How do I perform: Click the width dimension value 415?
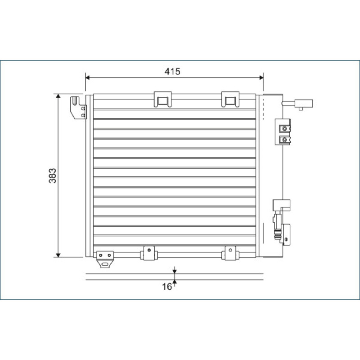(172, 72)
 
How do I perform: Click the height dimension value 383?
(53, 175)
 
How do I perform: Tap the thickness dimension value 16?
(167, 287)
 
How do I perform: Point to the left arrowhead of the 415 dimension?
(87, 77)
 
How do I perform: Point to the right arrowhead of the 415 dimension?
(261, 77)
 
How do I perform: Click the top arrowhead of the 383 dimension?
(58, 96)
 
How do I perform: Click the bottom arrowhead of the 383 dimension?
(58, 255)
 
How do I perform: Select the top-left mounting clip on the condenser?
(163, 99)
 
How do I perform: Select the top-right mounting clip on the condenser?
(230, 99)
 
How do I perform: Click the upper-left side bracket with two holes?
(78, 108)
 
